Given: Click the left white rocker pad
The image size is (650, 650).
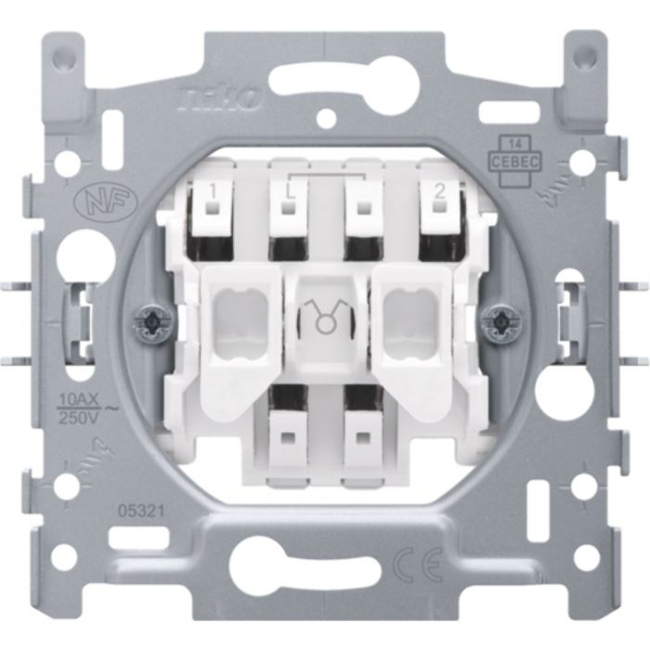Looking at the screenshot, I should coord(240,316).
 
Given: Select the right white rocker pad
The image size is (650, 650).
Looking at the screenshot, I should coord(409,316).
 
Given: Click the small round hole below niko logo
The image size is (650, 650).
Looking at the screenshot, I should coord(325,119).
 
